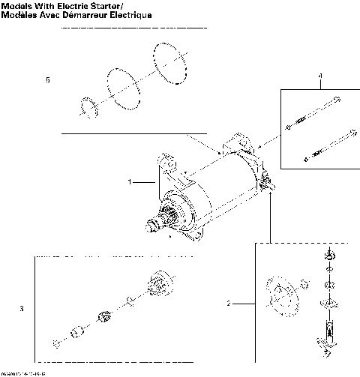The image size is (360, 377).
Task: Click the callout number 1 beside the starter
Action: [x=130, y=181]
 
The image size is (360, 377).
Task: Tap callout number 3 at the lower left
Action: [x=22, y=308]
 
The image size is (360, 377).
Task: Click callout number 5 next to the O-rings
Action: [x=49, y=80]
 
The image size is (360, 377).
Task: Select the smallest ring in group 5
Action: [x=87, y=106]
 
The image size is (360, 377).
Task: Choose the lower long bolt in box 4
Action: [x=330, y=145]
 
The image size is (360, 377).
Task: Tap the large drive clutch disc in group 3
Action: [x=160, y=285]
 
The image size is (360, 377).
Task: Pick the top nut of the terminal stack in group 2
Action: [x=328, y=258]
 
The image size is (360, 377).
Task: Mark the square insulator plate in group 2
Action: [x=328, y=302]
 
